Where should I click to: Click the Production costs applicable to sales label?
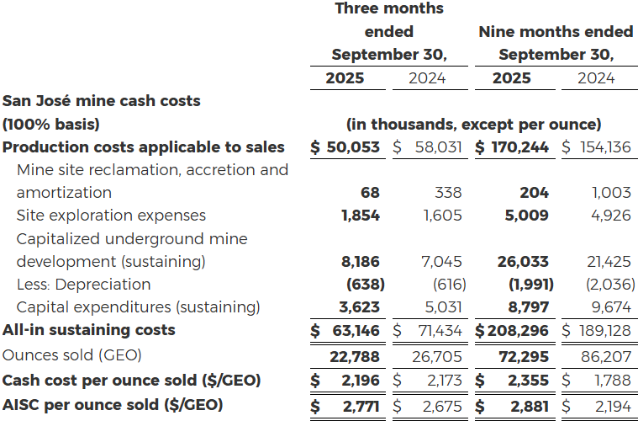click(x=144, y=147)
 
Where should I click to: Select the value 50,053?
click(x=353, y=147)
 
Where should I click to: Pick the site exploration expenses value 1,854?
click(x=361, y=216)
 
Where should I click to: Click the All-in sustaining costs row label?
click(x=89, y=330)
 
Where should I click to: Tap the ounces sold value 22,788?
click(x=356, y=357)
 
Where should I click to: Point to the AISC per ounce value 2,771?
click(x=360, y=405)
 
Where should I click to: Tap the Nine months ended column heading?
click(x=555, y=32)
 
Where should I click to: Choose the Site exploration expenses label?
click(x=111, y=216)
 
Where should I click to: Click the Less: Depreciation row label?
click(x=83, y=285)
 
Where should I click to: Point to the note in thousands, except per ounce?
click(x=473, y=125)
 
